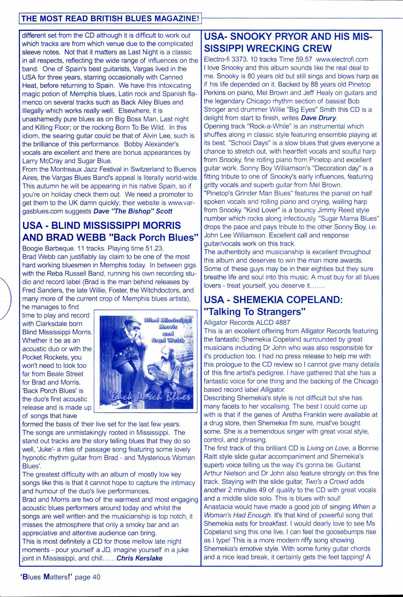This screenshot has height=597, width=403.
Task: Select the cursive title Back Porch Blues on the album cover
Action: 151,398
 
